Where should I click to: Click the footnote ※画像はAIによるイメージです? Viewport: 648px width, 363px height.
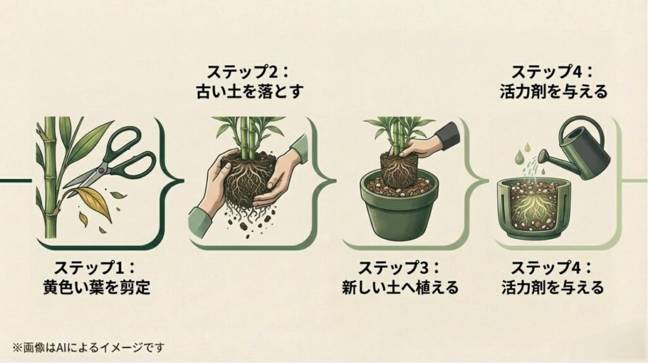88,347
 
